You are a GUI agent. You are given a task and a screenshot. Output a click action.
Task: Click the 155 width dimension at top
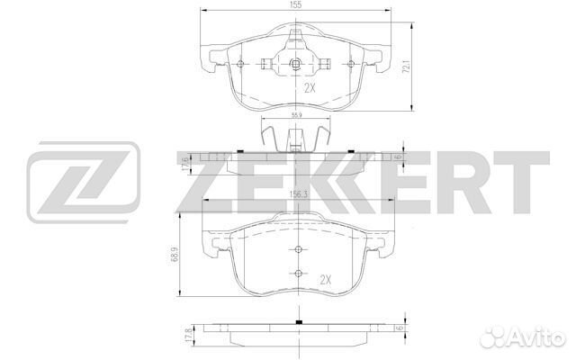point(296,4)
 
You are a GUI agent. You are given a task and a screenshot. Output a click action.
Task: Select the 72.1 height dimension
point(406,67)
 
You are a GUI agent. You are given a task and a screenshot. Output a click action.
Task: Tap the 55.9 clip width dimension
point(296,115)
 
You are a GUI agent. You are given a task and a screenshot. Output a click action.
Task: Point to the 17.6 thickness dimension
point(185,164)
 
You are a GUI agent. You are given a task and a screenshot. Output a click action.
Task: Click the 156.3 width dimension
point(298,195)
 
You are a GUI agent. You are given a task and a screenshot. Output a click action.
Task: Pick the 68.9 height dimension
point(175,254)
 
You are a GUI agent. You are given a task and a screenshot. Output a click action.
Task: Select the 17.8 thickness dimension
point(189,335)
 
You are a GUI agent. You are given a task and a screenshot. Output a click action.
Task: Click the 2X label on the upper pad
point(310,88)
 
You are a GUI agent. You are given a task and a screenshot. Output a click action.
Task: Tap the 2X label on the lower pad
point(325,280)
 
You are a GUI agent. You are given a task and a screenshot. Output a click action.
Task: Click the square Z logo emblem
point(84,182)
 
